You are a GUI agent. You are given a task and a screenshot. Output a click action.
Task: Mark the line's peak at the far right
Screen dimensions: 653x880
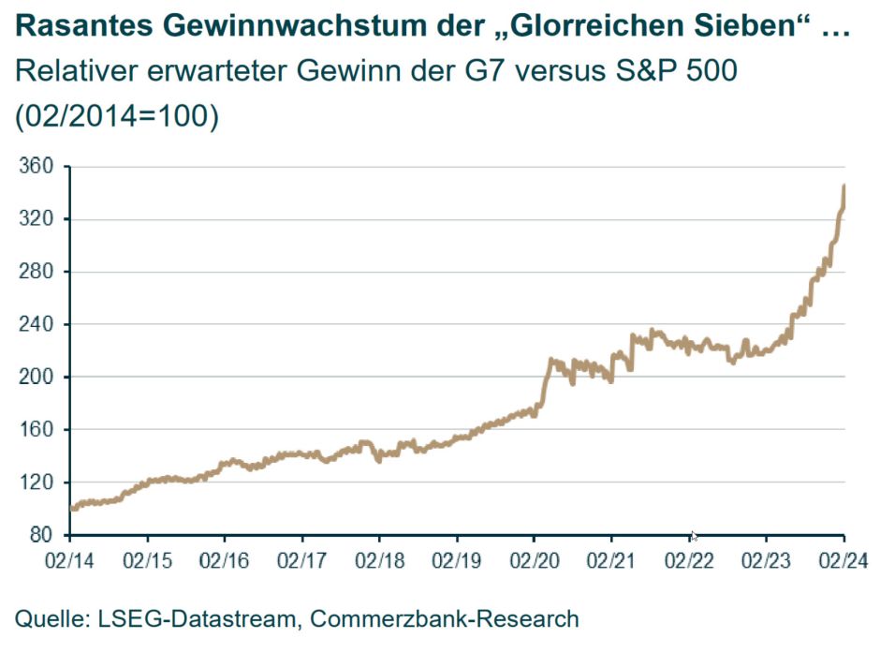coord(844,186)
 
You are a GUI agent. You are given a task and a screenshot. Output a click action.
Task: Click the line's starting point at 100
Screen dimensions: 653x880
coord(73,508)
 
